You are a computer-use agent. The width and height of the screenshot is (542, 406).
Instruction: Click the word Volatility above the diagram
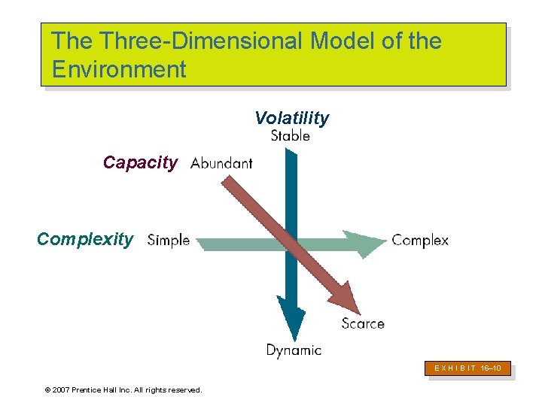coord(291,118)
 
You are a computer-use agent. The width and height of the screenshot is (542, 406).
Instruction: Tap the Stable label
coord(290,136)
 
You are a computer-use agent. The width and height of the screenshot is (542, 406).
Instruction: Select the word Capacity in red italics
coord(140,162)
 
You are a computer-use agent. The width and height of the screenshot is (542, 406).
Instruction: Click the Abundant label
coord(221,163)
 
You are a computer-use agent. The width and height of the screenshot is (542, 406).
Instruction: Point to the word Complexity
coord(85,240)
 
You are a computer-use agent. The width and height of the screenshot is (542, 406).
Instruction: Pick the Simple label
coord(169,241)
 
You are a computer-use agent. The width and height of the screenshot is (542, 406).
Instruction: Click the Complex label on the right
coord(420,241)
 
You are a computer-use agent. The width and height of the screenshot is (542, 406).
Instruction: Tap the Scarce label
coord(362,323)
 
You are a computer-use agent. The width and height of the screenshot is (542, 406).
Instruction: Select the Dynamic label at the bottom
coord(294,350)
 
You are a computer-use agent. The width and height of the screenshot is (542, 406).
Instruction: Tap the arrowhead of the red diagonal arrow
coord(346,297)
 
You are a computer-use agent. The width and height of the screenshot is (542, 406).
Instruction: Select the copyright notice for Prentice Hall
coord(123,389)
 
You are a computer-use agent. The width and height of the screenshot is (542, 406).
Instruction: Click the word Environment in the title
coord(119,70)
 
